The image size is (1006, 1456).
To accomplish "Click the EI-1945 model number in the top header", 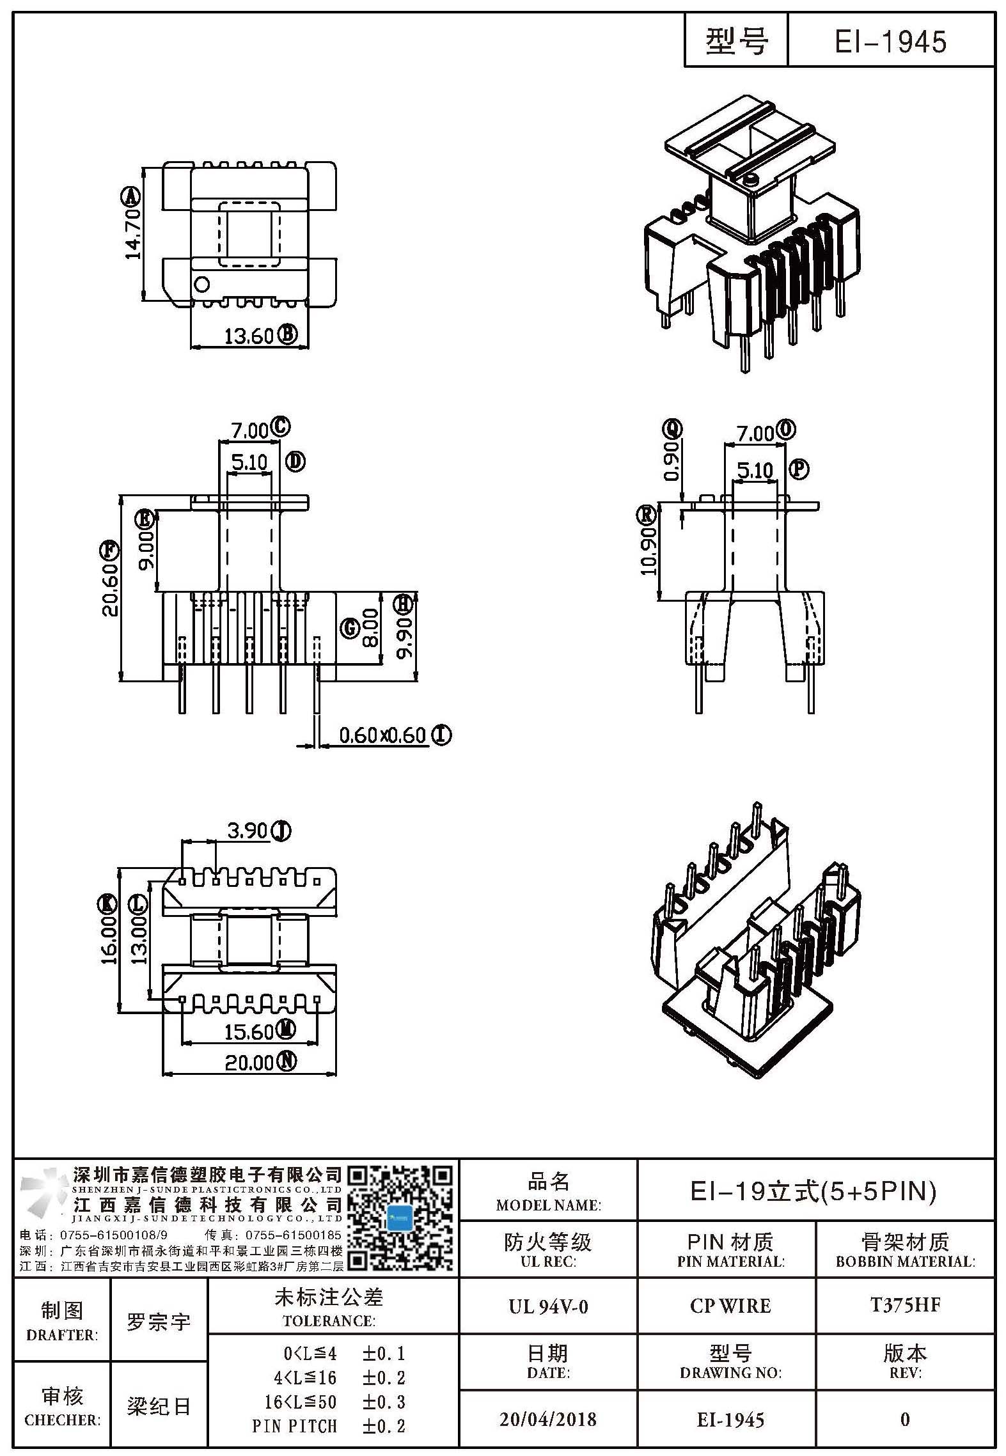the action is (890, 42).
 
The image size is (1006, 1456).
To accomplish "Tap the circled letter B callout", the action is (287, 334).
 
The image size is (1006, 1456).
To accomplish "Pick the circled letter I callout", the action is (441, 735).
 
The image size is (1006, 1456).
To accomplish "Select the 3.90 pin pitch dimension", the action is (247, 831).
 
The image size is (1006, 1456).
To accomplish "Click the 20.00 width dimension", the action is (249, 1063).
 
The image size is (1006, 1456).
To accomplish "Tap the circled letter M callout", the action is (286, 1030).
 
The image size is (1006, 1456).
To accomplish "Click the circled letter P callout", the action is (799, 470).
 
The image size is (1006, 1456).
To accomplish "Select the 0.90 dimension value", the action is (672, 460).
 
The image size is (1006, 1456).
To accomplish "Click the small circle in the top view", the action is (201, 283).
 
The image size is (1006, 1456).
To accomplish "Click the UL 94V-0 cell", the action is (548, 1306).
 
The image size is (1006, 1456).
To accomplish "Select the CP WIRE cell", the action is (730, 1306).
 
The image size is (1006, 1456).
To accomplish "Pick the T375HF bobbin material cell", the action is (905, 1305).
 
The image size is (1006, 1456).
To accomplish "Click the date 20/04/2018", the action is (548, 1420).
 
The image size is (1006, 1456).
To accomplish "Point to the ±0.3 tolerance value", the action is (383, 1402).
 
